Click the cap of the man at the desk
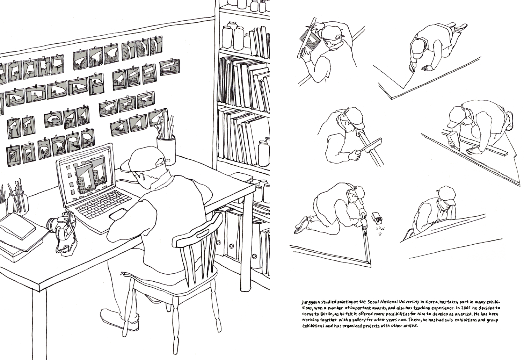pyautogui.click(x=141, y=160)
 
